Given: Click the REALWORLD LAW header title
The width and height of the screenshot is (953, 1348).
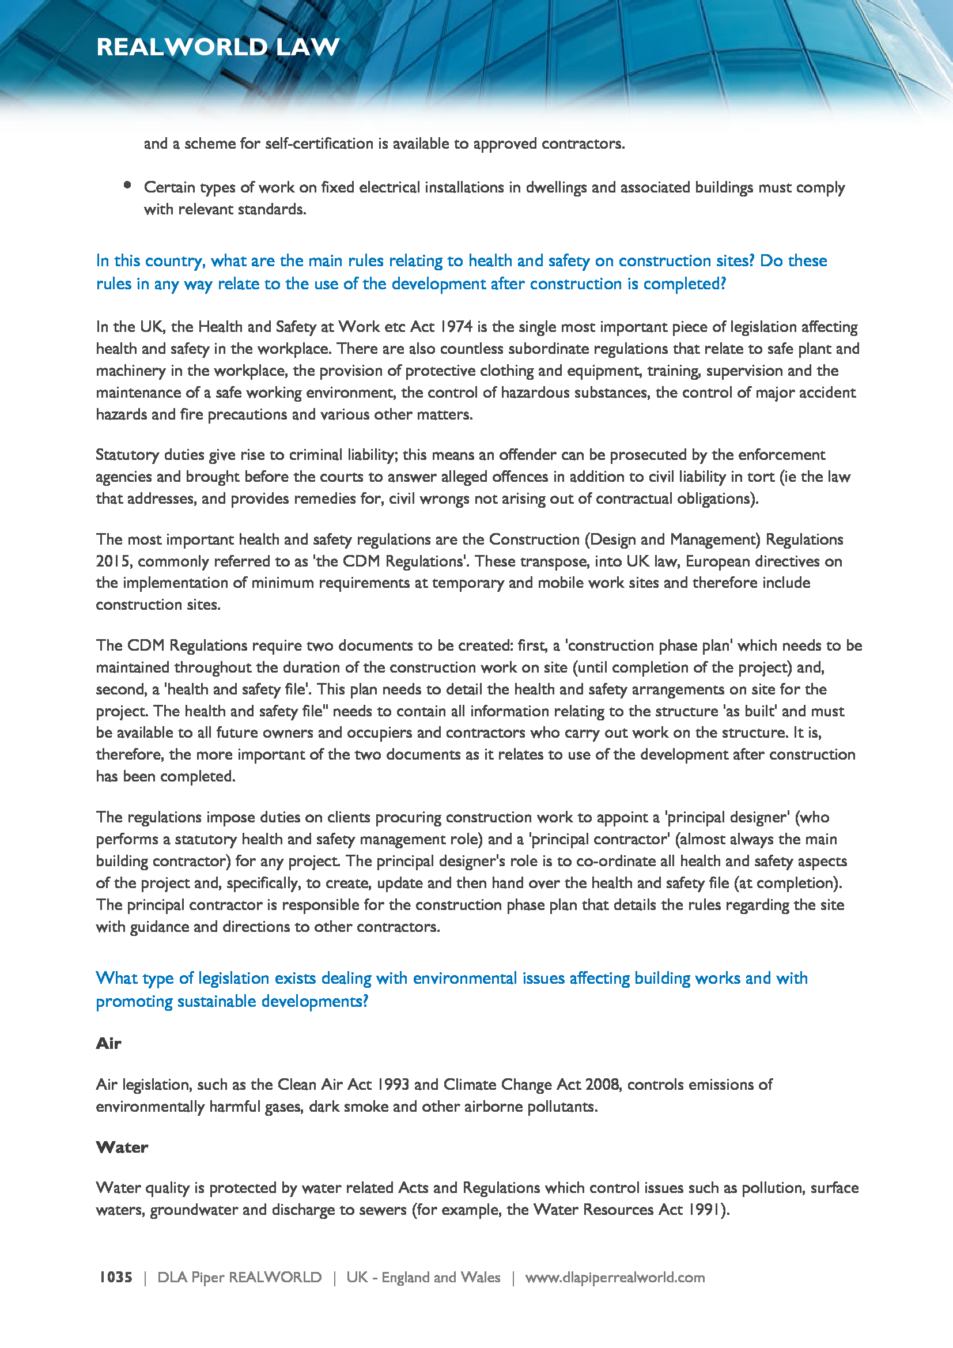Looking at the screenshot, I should [218, 47].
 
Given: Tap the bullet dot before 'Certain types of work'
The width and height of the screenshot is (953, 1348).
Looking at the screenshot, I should [127, 186].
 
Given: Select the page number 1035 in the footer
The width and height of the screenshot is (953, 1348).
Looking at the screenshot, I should [116, 1277].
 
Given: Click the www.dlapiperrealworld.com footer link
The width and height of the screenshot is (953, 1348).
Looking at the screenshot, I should [614, 1277].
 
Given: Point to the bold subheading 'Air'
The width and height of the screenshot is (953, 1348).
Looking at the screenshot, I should [108, 1043].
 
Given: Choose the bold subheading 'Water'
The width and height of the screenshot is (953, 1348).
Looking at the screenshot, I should [122, 1147].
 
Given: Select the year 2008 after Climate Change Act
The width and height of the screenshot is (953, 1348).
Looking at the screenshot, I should [602, 1085].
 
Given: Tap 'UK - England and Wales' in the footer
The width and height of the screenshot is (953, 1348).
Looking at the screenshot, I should [423, 1277].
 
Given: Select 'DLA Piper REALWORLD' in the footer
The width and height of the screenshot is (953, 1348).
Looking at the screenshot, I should [240, 1277].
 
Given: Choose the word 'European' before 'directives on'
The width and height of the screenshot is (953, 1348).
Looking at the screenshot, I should [718, 561].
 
